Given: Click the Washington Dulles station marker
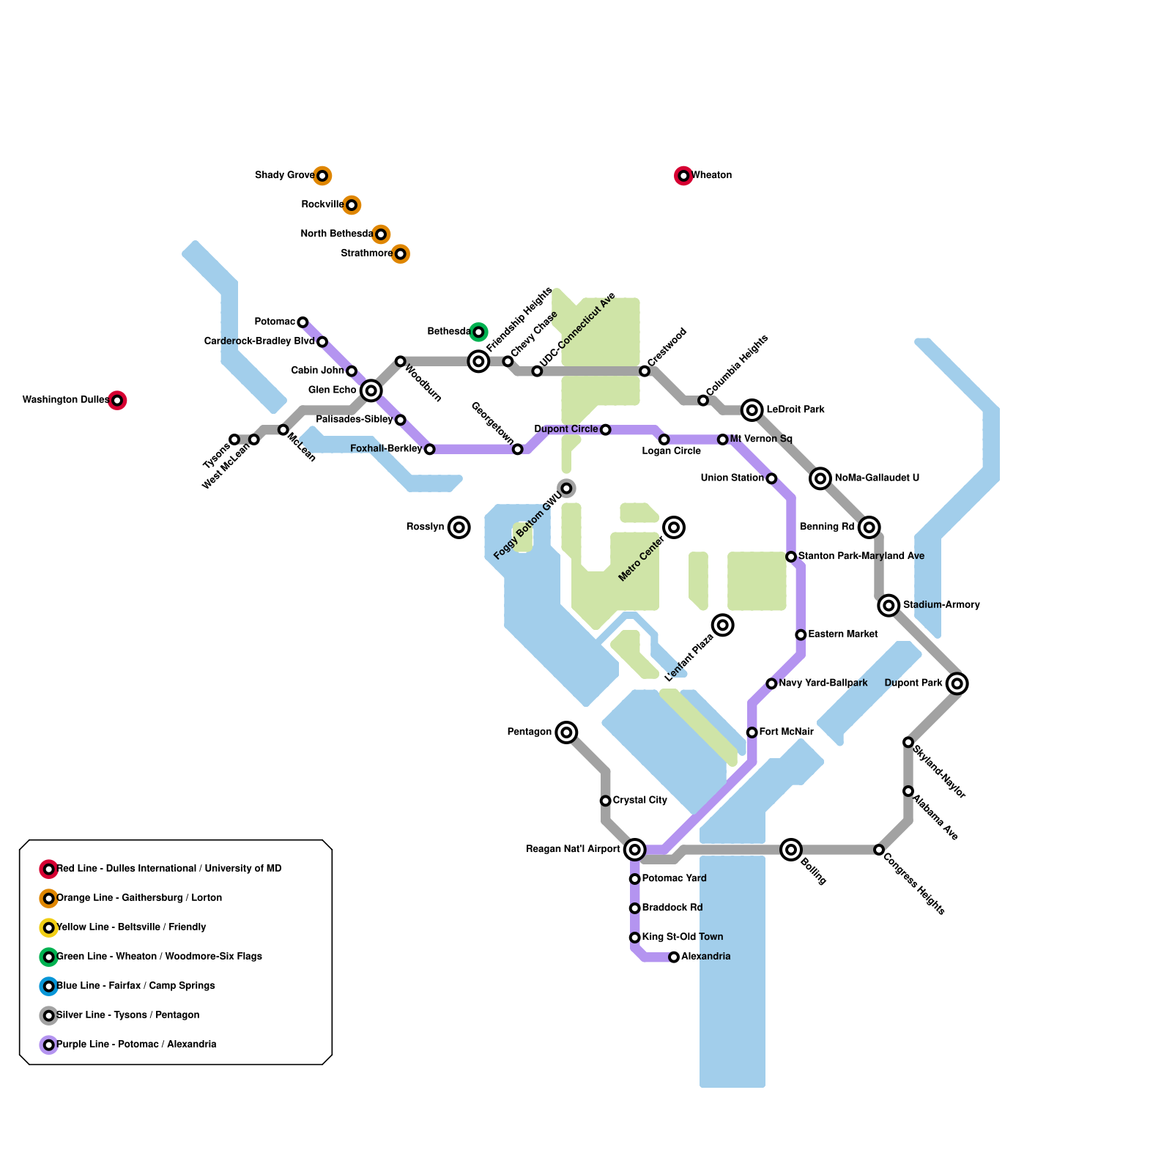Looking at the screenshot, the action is coord(117,401).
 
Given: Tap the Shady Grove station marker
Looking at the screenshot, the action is coord(322,176).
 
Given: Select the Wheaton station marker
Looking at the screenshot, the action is coord(683,176).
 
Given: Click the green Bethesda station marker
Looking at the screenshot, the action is coord(478,333).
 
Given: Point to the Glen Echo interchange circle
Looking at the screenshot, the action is coord(371,390).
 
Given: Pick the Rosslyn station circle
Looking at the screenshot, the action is coord(459,527).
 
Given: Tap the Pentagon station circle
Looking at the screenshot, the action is coord(566,732).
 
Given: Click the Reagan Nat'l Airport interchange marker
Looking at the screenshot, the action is coord(635,850).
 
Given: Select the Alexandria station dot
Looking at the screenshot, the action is coord(674,957).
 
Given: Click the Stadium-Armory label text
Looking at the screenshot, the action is coord(941,605).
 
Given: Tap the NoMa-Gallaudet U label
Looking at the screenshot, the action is coord(877,478).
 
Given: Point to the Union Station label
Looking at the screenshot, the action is coord(732,478).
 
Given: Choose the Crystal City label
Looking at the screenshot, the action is coord(639,801).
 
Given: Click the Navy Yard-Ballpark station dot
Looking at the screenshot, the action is coord(771,683).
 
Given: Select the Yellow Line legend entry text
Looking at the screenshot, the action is coord(131,927).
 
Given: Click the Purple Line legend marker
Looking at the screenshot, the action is coord(49,1045).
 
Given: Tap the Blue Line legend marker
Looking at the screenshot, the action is coord(49,987).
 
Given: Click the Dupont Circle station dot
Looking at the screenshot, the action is coord(606,430).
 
